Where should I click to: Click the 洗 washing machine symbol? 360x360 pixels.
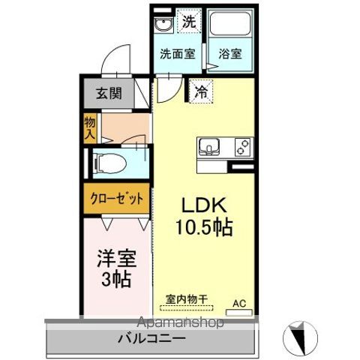pos(190,22)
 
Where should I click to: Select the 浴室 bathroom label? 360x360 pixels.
pos(230,54)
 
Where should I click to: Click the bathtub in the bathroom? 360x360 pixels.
pos(229,27)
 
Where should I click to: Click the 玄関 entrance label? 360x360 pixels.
pos(109,94)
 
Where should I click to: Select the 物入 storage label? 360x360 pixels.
pos(90,127)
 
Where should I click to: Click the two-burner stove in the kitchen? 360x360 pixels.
pos(242,145)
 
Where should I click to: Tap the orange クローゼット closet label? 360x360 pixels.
pos(117,199)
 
